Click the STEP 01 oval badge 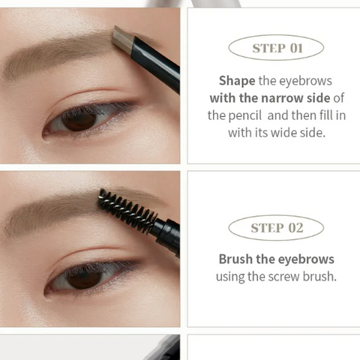276,47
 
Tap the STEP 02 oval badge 276,227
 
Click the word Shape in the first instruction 237,81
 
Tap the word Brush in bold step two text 235,259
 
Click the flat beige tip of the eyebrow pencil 123,40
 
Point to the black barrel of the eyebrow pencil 156,64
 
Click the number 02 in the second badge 295,228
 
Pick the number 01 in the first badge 296,48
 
